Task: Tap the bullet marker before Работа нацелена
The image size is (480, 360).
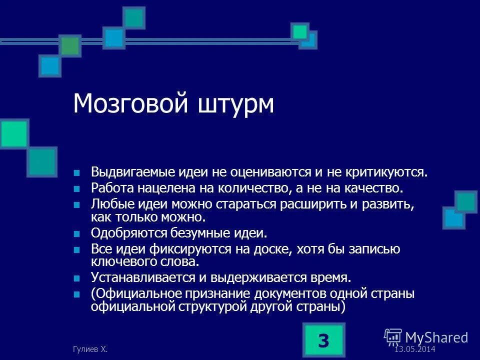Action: point(77,189)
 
